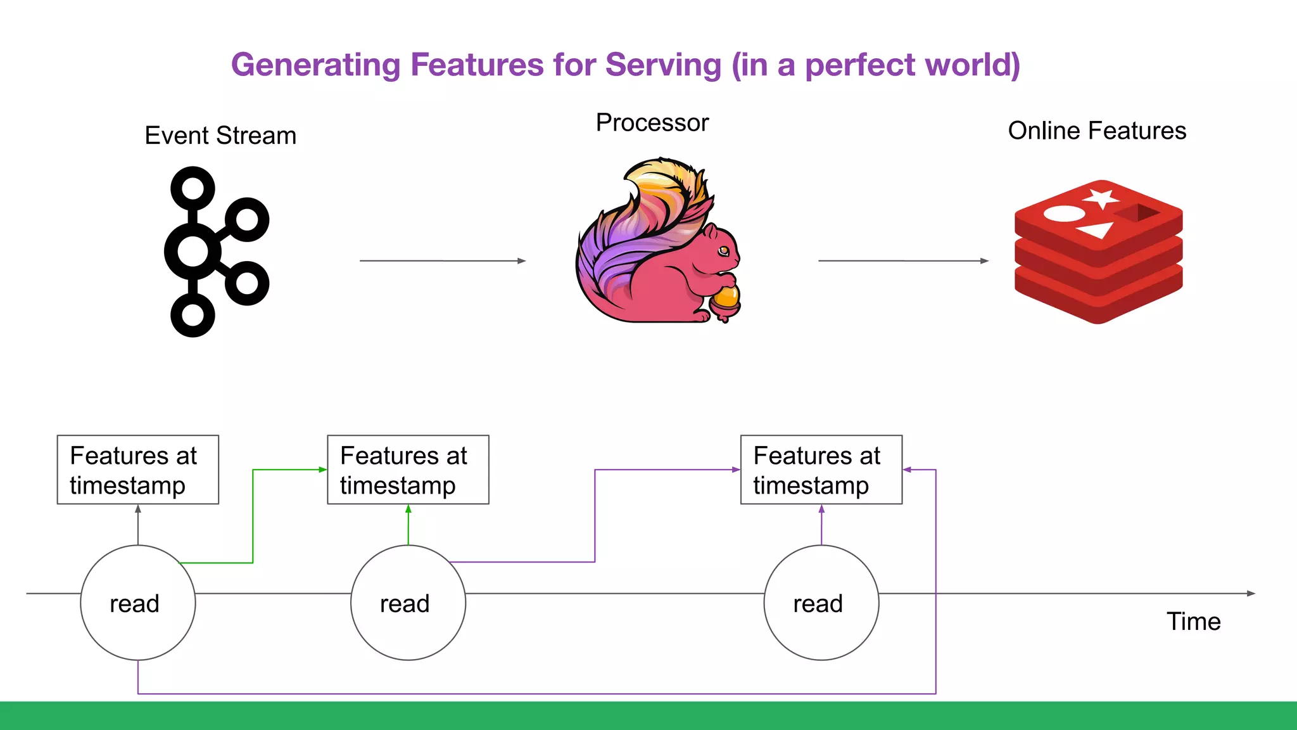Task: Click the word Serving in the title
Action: pos(663,65)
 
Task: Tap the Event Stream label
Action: pos(220,136)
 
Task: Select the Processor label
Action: pos(652,123)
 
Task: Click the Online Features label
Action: pos(1097,131)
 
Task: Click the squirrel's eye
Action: pos(723,251)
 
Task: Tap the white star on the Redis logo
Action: pos(1101,196)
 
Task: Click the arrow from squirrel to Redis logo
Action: pos(902,260)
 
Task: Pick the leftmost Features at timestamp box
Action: pos(138,470)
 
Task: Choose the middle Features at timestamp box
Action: pos(408,470)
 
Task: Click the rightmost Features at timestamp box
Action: pos(821,470)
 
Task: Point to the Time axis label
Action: pos(1193,622)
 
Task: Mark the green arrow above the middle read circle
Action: pos(408,525)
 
